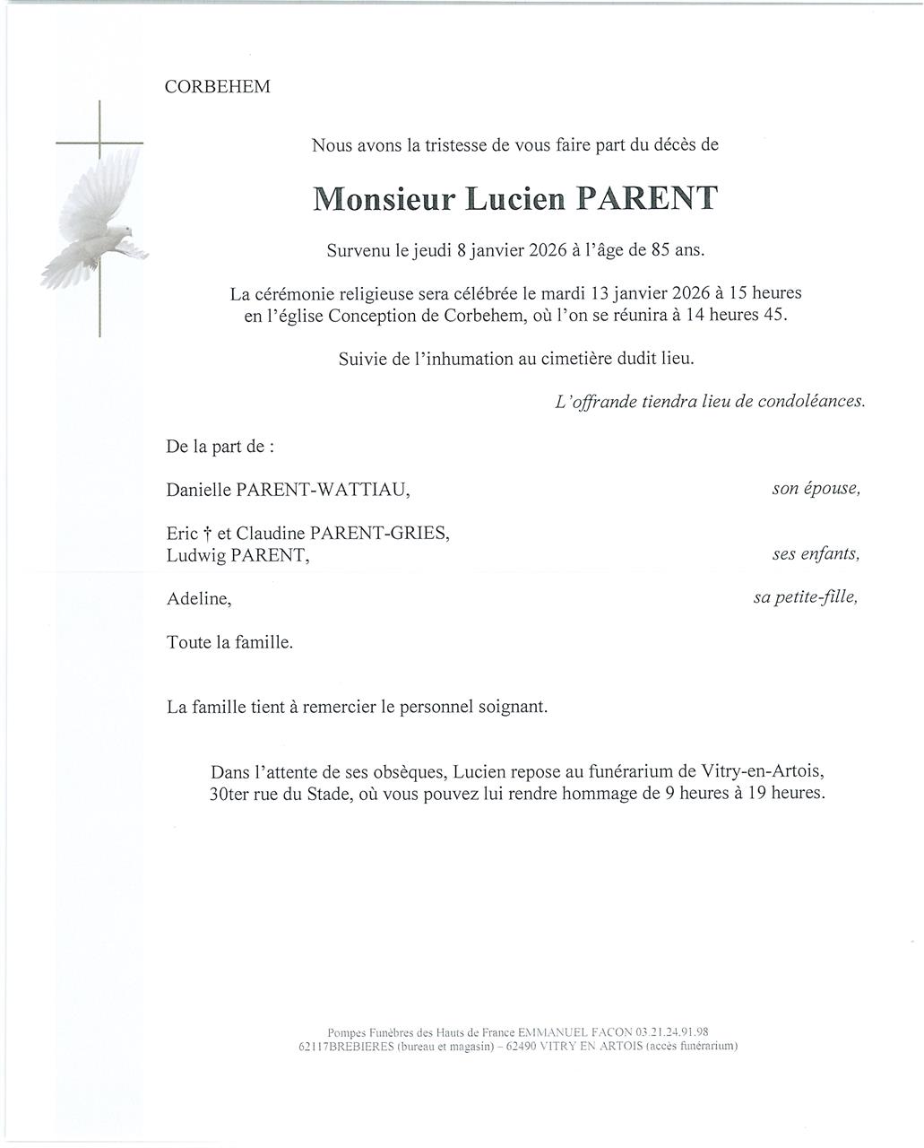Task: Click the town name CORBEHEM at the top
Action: coord(218,87)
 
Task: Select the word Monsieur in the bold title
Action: coord(385,198)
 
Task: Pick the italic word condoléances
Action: coord(811,402)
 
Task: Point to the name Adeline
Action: coord(198,599)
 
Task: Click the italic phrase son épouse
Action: coord(816,490)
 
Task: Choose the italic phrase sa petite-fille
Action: coord(805,598)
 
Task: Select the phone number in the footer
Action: coord(671,1032)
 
